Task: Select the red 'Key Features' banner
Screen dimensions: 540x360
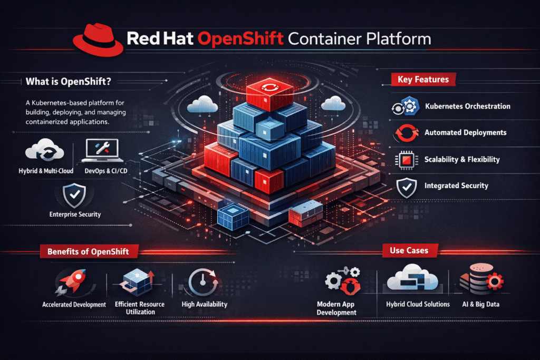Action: [420, 80]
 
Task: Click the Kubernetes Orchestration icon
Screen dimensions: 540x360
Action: [405, 106]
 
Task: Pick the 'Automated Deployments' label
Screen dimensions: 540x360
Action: [465, 132]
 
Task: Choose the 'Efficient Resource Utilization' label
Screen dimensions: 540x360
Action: [140, 308]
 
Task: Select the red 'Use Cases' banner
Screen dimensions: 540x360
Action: [409, 250]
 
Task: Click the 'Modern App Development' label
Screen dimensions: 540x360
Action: [336, 308]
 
